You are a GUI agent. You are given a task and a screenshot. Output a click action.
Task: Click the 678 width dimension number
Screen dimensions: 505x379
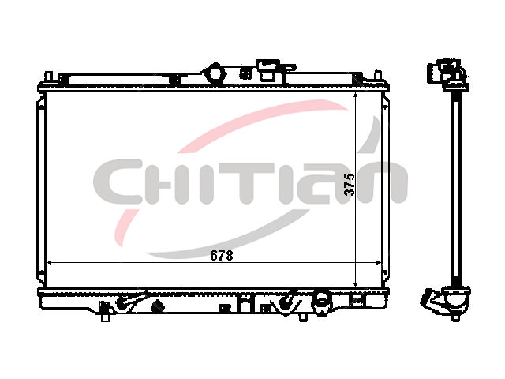tap(221, 256)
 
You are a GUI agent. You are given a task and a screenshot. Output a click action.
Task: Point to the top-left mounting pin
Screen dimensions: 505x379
tap(48, 77)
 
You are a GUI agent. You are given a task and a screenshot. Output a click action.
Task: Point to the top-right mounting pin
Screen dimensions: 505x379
tap(378, 77)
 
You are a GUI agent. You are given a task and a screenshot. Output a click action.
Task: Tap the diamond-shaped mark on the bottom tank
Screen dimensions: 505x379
tap(158, 306)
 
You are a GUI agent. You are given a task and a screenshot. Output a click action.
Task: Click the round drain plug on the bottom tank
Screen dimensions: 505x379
tap(322, 299)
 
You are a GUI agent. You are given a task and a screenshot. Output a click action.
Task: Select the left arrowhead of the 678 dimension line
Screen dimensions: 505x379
tap(50, 263)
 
